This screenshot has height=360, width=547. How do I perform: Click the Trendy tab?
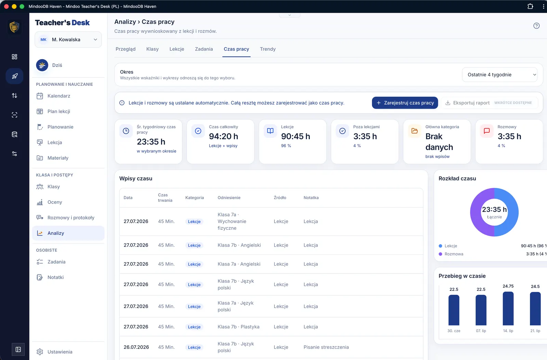268,49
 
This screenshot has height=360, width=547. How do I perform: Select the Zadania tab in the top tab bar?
204,49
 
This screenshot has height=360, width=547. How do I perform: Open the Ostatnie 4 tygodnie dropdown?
499,75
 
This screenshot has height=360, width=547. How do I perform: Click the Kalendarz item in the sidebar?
58,96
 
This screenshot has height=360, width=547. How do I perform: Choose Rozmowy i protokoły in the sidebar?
71,218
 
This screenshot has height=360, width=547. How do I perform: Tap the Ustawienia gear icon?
40,352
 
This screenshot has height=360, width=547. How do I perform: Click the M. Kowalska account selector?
68,40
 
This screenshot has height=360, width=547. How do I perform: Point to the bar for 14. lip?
508,308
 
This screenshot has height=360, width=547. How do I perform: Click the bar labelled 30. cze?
454,310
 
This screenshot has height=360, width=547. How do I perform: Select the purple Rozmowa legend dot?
440,254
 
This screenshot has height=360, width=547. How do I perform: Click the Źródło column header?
280,198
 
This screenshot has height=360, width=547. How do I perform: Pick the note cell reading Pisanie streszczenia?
326,347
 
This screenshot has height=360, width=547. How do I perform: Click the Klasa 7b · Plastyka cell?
238,327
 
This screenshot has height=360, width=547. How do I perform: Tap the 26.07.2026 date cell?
136,347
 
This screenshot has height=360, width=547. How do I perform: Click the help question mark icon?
536,26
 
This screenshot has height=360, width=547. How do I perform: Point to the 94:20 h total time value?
224,136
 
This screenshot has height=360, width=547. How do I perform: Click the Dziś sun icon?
42,65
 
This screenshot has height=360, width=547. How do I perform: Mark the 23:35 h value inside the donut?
494,210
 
